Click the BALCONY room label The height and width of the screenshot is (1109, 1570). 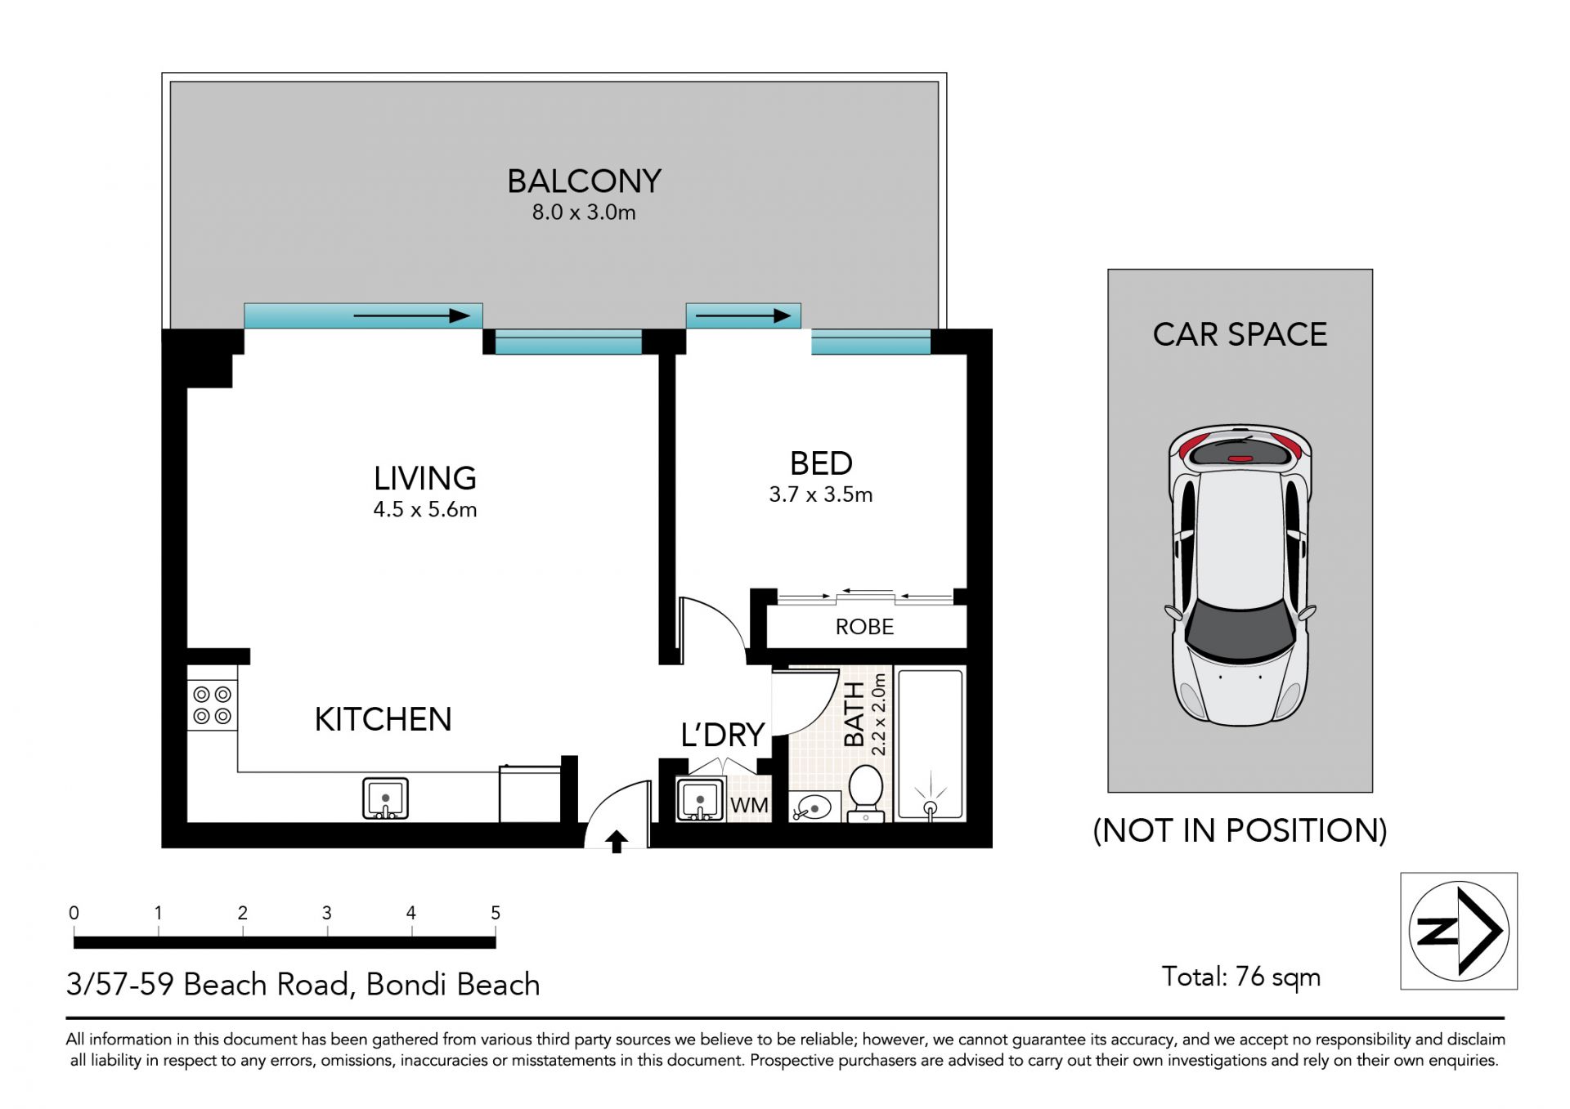pos(584,181)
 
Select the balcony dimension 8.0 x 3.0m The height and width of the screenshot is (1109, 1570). pos(584,212)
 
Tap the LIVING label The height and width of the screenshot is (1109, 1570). pos(425,478)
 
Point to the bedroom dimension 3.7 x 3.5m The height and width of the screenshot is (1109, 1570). pos(821,494)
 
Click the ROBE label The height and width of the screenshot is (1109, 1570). pos(864,627)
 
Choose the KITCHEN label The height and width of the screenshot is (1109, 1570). pos(384,719)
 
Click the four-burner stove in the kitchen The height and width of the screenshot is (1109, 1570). pos(212,705)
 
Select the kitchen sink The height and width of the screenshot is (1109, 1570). pos(385,798)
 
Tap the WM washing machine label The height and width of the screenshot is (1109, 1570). pos(749,805)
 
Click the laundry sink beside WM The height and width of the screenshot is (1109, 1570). pos(700,799)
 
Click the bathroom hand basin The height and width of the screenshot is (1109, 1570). pos(812,807)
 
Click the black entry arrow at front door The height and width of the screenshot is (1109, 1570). pos(617,842)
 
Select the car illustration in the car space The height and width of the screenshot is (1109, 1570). pos(1240,575)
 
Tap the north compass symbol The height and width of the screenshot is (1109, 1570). pos(1459,931)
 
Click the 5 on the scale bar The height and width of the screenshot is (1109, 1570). pos(496,913)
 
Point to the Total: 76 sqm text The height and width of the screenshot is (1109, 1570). pos(1241,977)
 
